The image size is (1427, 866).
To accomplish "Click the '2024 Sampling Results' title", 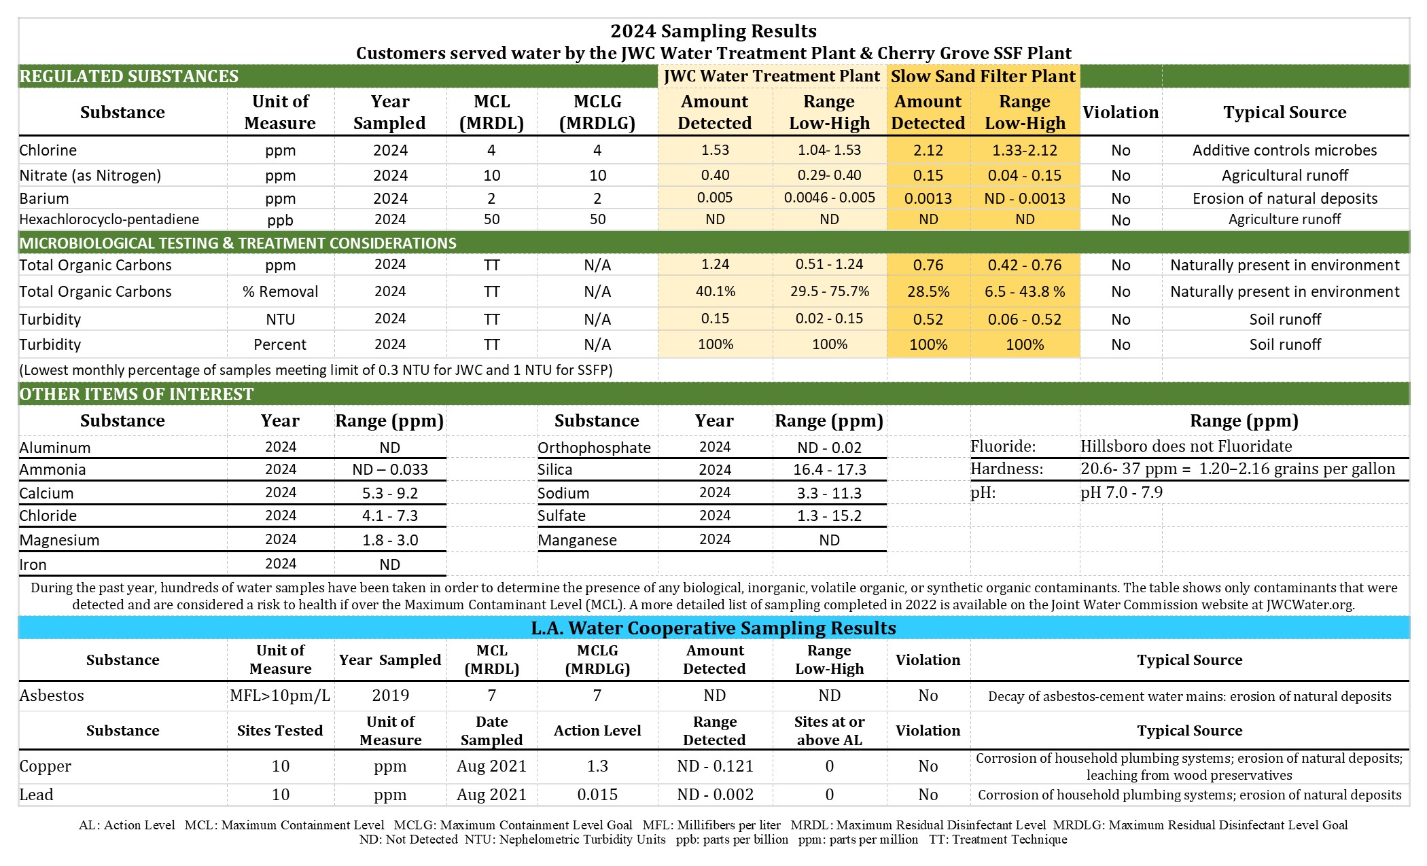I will (x=713, y=31).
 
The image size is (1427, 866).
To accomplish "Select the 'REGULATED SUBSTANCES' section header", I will (x=129, y=76).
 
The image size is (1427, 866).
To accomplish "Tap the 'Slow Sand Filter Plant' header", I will (x=983, y=76).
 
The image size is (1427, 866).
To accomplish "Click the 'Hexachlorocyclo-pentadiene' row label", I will (x=109, y=219).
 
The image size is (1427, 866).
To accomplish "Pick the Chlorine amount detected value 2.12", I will (x=928, y=150).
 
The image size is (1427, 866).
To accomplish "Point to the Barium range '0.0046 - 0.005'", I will (x=829, y=198).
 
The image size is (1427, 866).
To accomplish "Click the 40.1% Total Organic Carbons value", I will (x=715, y=291).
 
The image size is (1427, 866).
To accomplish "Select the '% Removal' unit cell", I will (x=280, y=291).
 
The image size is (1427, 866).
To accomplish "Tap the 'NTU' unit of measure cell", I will (x=280, y=319).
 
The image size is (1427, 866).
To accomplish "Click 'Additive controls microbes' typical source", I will (x=1284, y=150).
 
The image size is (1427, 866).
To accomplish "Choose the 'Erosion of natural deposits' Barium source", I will (x=1284, y=198).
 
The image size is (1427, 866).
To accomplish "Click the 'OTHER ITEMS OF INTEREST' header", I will (x=136, y=394).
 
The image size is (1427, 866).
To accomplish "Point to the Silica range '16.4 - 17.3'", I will (x=829, y=469).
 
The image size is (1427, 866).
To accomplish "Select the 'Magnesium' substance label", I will (x=59, y=540).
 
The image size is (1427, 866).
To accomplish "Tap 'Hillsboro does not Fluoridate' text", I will (x=1186, y=446).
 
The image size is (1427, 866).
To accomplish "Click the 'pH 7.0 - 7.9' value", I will (x=1121, y=492).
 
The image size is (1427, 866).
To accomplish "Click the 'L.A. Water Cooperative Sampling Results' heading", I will (x=713, y=628).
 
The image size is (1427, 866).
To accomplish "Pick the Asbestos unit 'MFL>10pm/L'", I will (x=280, y=696).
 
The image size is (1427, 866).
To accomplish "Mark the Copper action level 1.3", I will (x=597, y=766).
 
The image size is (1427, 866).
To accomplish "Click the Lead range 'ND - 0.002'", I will (x=715, y=795).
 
